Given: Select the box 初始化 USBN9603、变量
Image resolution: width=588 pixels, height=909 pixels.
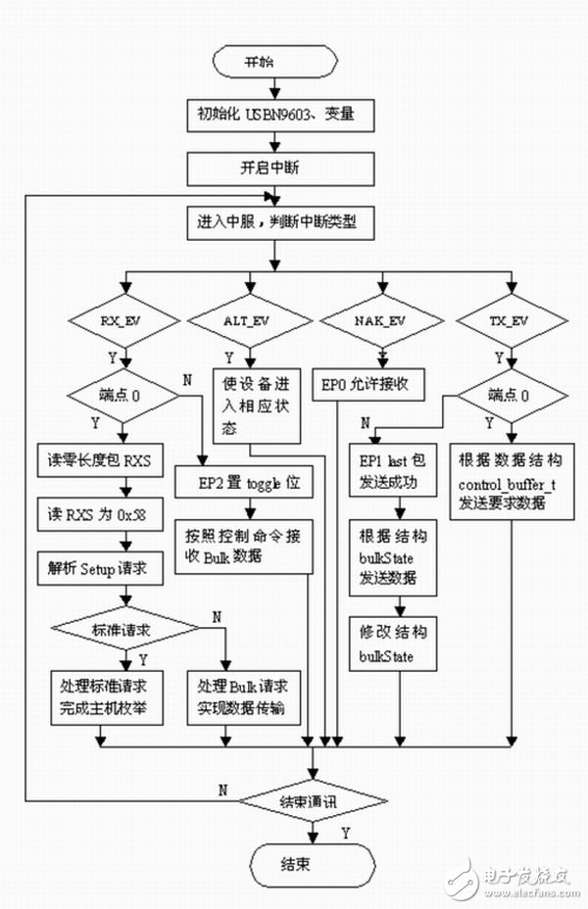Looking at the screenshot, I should (x=274, y=116).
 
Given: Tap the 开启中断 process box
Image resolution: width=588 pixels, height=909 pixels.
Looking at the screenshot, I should (x=274, y=168).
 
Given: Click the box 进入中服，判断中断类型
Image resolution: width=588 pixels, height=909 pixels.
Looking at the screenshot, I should (x=274, y=221).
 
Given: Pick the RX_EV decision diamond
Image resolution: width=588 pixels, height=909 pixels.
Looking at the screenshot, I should (x=124, y=319).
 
